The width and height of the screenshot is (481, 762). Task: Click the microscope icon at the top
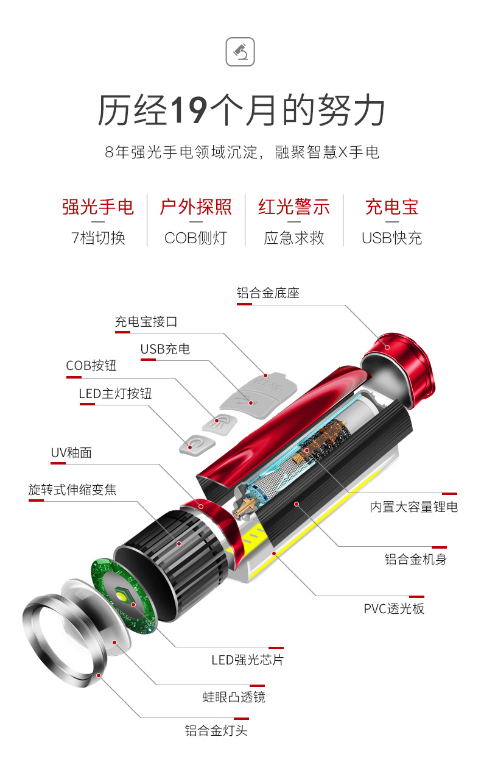[x=240, y=52]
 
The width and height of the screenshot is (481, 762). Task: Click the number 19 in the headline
[x=189, y=110]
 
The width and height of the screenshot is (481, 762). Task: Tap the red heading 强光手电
[x=98, y=207]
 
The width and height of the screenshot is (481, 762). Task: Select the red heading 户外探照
[x=195, y=207]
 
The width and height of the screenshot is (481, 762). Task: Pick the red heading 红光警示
[x=294, y=207]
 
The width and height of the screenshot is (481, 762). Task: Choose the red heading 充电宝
[x=391, y=207]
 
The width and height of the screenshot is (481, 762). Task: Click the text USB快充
[x=391, y=238]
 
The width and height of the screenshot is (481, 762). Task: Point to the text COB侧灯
[x=195, y=238]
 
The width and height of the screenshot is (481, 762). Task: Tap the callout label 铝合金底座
[x=268, y=293]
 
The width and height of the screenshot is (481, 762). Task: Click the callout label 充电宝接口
[x=146, y=321]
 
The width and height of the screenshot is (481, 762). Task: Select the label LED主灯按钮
[x=115, y=394]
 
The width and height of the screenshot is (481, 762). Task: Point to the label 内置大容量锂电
[x=414, y=507]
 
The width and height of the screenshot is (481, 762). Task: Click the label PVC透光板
[x=394, y=609]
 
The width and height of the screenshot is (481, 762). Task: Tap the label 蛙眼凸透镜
[x=234, y=697]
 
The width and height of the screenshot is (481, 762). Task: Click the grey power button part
[x=197, y=444]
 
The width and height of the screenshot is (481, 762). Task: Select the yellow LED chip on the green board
[x=122, y=596]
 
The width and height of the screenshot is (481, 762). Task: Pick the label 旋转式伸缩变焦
[x=72, y=490]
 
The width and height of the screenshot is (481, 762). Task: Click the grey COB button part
[x=219, y=424]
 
